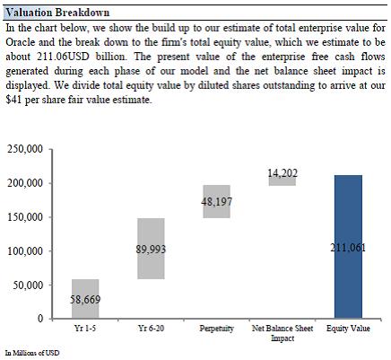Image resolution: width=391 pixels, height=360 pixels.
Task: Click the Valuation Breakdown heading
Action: point(57,13)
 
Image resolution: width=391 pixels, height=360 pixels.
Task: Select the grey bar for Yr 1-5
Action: point(85,299)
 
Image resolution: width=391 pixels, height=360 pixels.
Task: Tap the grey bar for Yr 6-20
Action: point(151,249)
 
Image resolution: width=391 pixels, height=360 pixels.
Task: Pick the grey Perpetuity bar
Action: point(217,202)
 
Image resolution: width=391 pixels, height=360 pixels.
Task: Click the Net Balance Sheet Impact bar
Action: point(282,180)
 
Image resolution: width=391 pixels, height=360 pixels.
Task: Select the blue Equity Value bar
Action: point(348,247)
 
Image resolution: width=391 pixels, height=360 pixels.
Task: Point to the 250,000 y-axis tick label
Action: point(25,149)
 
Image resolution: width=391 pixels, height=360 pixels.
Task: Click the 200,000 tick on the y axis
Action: point(25,183)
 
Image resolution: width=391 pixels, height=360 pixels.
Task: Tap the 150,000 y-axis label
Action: point(25,217)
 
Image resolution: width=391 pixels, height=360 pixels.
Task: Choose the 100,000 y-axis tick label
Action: point(25,250)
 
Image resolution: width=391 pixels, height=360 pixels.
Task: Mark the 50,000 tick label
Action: point(28,285)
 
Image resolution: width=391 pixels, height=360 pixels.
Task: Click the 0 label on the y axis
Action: point(40,319)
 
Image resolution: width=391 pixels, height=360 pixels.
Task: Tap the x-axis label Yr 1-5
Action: point(85,329)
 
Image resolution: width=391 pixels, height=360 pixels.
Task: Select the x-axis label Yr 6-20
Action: point(151,329)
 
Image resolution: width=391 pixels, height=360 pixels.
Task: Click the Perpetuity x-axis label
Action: point(217,329)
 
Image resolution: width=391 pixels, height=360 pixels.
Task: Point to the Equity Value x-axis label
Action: point(348,329)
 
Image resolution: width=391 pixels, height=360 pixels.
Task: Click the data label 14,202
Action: point(282,173)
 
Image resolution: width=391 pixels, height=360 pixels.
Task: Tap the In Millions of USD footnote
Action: point(32,353)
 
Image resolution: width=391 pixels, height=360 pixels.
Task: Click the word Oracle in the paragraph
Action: point(21,42)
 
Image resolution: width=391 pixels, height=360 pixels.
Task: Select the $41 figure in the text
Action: point(13,100)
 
